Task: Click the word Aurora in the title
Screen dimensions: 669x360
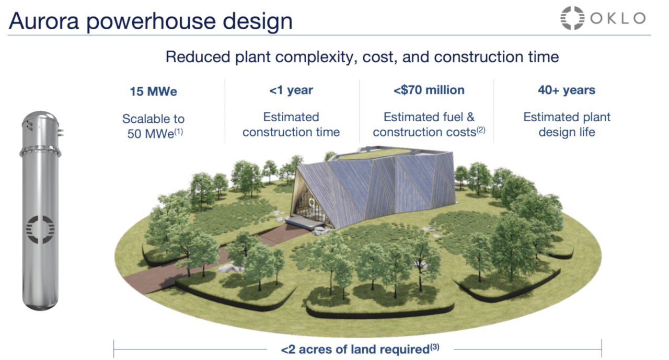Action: click(43, 21)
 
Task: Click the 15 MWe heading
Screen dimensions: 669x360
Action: click(154, 91)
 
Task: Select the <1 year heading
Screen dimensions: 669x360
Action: click(291, 90)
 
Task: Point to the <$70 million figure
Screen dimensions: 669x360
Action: click(429, 90)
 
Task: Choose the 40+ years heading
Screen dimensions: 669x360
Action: click(567, 90)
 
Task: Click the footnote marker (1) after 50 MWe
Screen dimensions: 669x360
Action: click(179, 131)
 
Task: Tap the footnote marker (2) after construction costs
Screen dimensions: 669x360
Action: click(481, 130)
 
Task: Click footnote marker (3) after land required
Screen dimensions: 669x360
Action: click(434, 347)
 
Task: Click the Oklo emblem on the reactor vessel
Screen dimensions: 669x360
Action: click(40, 229)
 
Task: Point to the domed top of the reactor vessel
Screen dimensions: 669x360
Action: click(41, 118)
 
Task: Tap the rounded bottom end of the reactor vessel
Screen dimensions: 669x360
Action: click(40, 304)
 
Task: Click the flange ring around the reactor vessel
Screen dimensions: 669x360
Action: click(40, 152)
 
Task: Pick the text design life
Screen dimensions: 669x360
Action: click(567, 132)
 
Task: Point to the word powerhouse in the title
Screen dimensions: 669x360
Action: click(151, 21)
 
